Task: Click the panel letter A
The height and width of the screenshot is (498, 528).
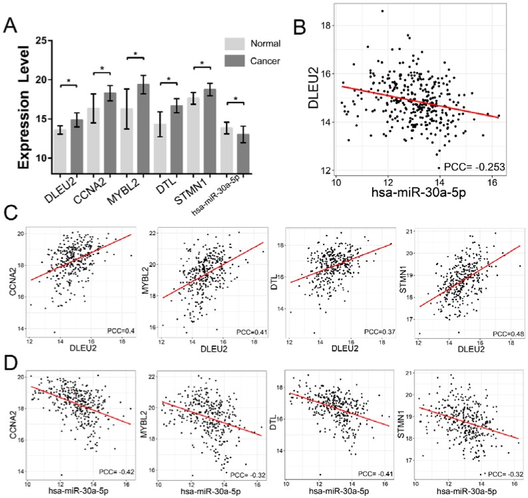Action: tap(11, 26)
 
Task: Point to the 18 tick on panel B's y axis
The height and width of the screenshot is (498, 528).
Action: tap(328, 25)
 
